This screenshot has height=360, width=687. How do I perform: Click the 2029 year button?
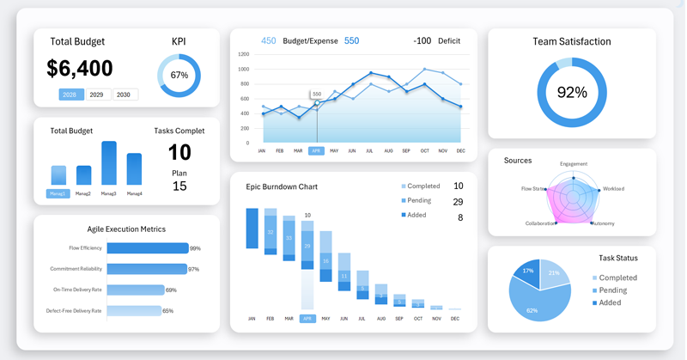pyautogui.click(x=99, y=95)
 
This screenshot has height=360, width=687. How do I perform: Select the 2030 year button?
pyautogui.click(x=124, y=95)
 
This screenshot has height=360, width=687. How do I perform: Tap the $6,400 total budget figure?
pyautogui.click(x=80, y=69)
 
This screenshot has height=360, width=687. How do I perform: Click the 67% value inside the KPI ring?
pyautogui.click(x=179, y=76)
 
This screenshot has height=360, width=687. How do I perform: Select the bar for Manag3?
pyautogui.click(x=108, y=162)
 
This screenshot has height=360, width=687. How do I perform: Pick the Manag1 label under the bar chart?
pyautogui.click(x=58, y=193)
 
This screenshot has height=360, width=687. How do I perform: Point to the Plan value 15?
pyautogui.click(x=179, y=186)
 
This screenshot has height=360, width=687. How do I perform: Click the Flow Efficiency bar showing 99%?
pyautogui.click(x=147, y=248)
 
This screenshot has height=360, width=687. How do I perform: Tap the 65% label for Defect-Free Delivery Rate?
pyautogui.click(x=168, y=311)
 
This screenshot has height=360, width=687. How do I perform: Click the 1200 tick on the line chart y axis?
pyautogui.click(x=244, y=54)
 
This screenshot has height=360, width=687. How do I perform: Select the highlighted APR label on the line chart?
pyautogui.click(x=316, y=151)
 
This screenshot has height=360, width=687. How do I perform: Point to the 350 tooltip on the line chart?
pyautogui.click(x=317, y=95)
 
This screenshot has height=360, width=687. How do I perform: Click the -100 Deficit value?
pyautogui.click(x=422, y=41)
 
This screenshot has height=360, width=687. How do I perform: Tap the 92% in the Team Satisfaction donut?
pyautogui.click(x=572, y=93)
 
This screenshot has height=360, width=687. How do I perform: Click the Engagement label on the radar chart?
pyautogui.click(x=574, y=164)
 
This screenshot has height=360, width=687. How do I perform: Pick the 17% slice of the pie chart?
pyautogui.click(x=527, y=272)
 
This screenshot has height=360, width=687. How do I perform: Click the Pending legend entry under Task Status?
pyautogui.click(x=613, y=290)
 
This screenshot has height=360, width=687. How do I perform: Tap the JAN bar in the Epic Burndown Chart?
pyautogui.click(x=252, y=229)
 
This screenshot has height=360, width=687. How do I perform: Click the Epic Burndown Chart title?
pyautogui.click(x=282, y=186)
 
